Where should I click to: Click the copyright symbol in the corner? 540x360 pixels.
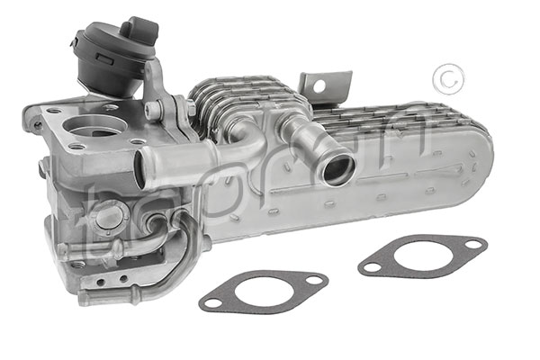coord(445,79)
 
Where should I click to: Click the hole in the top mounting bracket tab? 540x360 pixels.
coord(316,87)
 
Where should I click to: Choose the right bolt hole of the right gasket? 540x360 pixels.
coord(471,243)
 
